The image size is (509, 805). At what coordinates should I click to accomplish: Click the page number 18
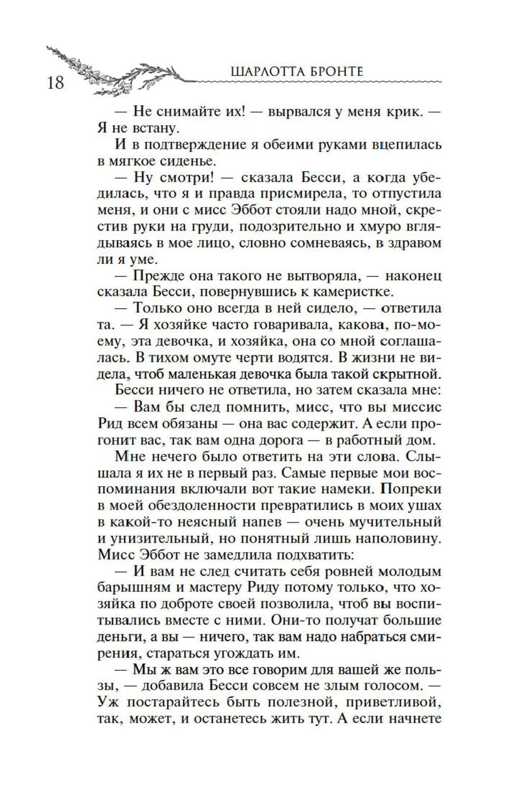pyautogui.click(x=55, y=82)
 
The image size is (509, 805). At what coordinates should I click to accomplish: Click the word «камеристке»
pyautogui.click(x=351, y=292)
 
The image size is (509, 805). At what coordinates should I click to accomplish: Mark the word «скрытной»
pyautogui.click(x=407, y=375)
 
